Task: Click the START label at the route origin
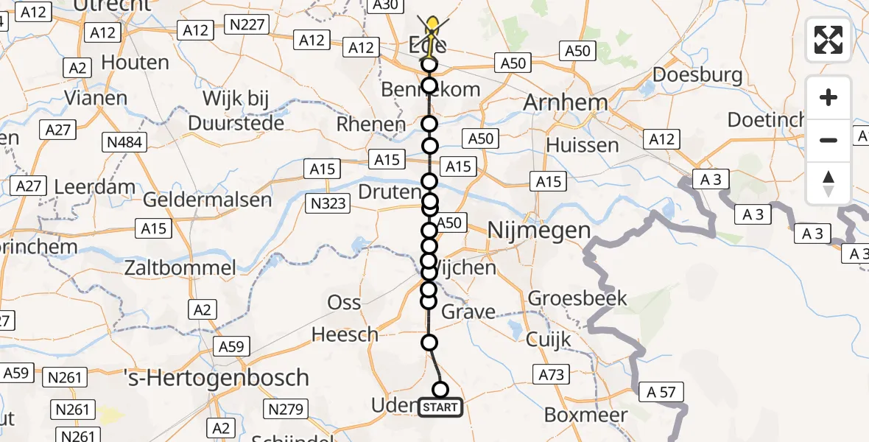(440, 407)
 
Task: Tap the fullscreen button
(828, 40)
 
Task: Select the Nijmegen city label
(540, 231)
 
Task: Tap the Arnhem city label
(565, 102)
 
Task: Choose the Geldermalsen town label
(207, 199)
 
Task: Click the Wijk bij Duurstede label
(236, 111)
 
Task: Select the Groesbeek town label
(577, 298)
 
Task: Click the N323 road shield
(328, 204)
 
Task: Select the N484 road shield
(125, 141)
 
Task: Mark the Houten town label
(135, 63)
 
